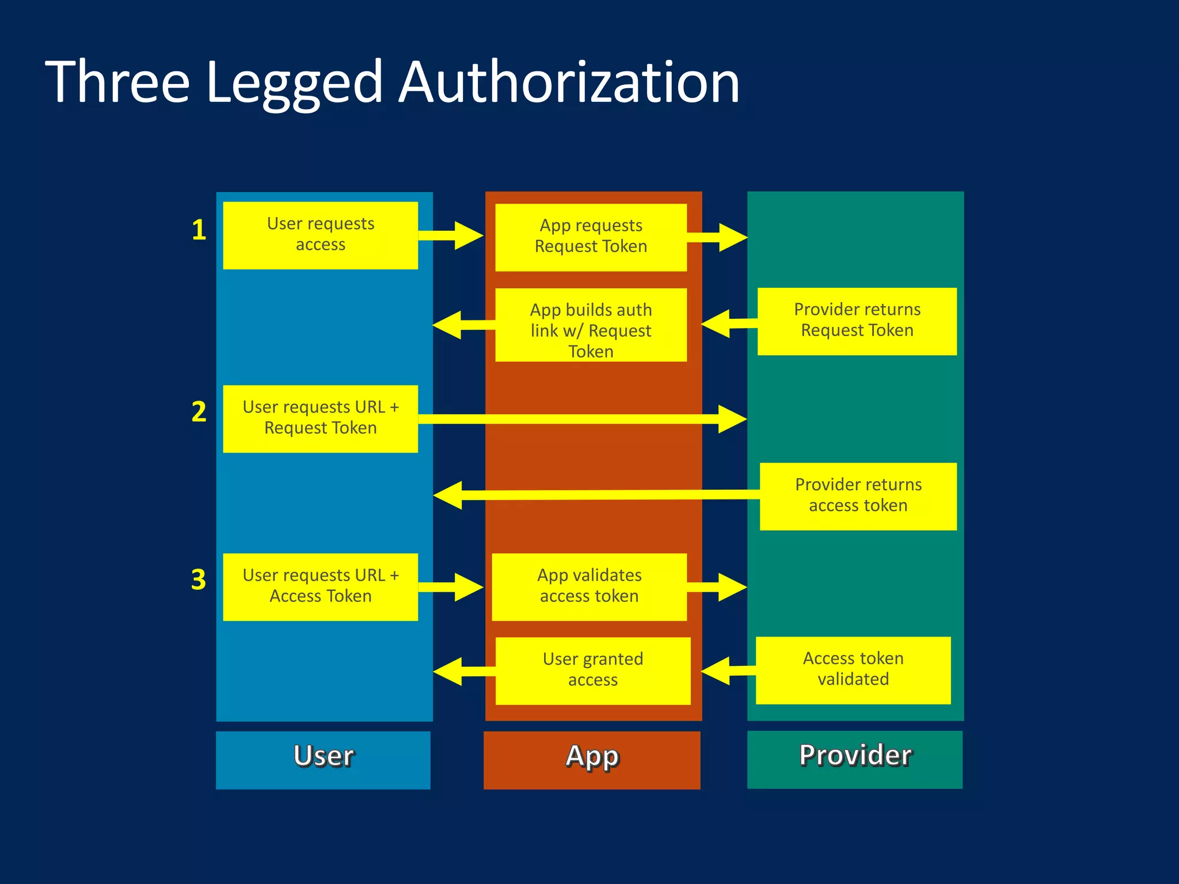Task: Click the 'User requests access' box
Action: click(x=320, y=235)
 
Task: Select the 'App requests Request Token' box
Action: click(x=591, y=237)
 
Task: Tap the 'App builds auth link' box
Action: click(x=591, y=325)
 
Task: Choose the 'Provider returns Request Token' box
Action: click(x=857, y=321)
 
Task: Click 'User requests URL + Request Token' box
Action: click(x=320, y=418)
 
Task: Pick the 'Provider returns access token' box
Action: click(x=858, y=496)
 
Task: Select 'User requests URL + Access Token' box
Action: click(x=320, y=586)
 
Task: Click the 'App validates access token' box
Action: click(x=589, y=586)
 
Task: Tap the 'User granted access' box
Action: click(x=592, y=670)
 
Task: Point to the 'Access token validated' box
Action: click(x=853, y=670)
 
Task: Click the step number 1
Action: click(x=199, y=230)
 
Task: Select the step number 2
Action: click(x=199, y=412)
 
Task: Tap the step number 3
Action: click(x=199, y=580)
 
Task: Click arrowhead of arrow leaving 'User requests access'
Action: click(x=467, y=235)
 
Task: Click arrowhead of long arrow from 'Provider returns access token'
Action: click(x=449, y=496)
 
